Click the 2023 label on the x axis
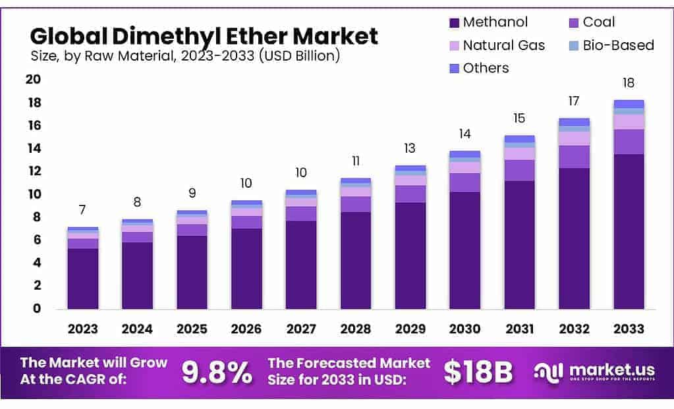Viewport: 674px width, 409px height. [x=82, y=329]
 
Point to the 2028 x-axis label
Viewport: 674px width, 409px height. [x=355, y=329]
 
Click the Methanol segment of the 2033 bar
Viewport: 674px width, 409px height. [x=629, y=231]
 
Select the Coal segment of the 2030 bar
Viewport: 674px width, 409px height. [x=464, y=182]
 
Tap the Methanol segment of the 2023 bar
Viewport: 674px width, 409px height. [x=83, y=278]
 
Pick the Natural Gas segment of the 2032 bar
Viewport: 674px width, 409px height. [x=574, y=138]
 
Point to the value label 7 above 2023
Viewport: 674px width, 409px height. [x=82, y=210]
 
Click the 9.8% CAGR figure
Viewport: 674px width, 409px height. [x=217, y=373]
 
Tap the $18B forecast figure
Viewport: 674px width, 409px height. [x=478, y=373]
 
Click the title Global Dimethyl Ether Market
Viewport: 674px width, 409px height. [x=204, y=35]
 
